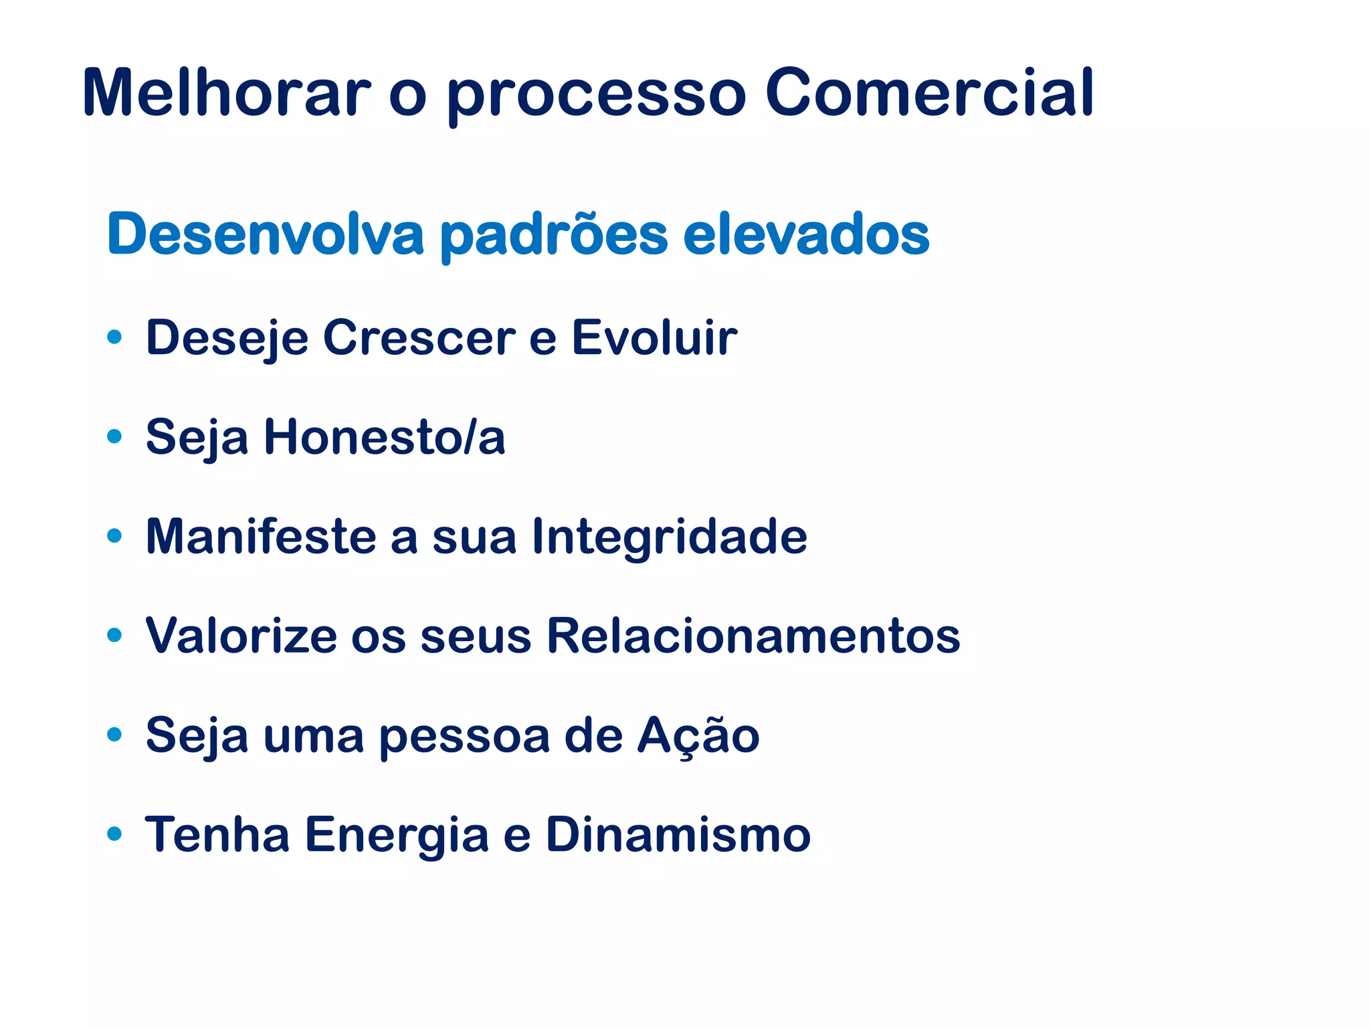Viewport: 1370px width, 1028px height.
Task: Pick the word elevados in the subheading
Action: (x=805, y=234)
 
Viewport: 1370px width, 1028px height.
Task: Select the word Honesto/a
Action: (x=385, y=437)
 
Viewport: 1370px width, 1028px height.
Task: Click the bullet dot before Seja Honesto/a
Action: (x=114, y=436)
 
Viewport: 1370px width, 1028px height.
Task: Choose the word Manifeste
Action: (x=261, y=536)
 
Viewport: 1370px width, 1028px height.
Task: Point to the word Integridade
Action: (x=670, y=536)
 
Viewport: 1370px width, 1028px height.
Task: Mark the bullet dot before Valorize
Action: (x=114, y=634)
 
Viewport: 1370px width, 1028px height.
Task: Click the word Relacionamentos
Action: (x=753, y=635)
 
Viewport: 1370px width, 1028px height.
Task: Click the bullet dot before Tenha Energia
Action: (x=114, y=833)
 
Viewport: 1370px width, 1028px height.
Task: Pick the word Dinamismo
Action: (x=678, y=835)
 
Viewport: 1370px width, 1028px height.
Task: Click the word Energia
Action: (x=397, y=835)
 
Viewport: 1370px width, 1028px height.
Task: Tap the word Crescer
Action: (x=419, y=337)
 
